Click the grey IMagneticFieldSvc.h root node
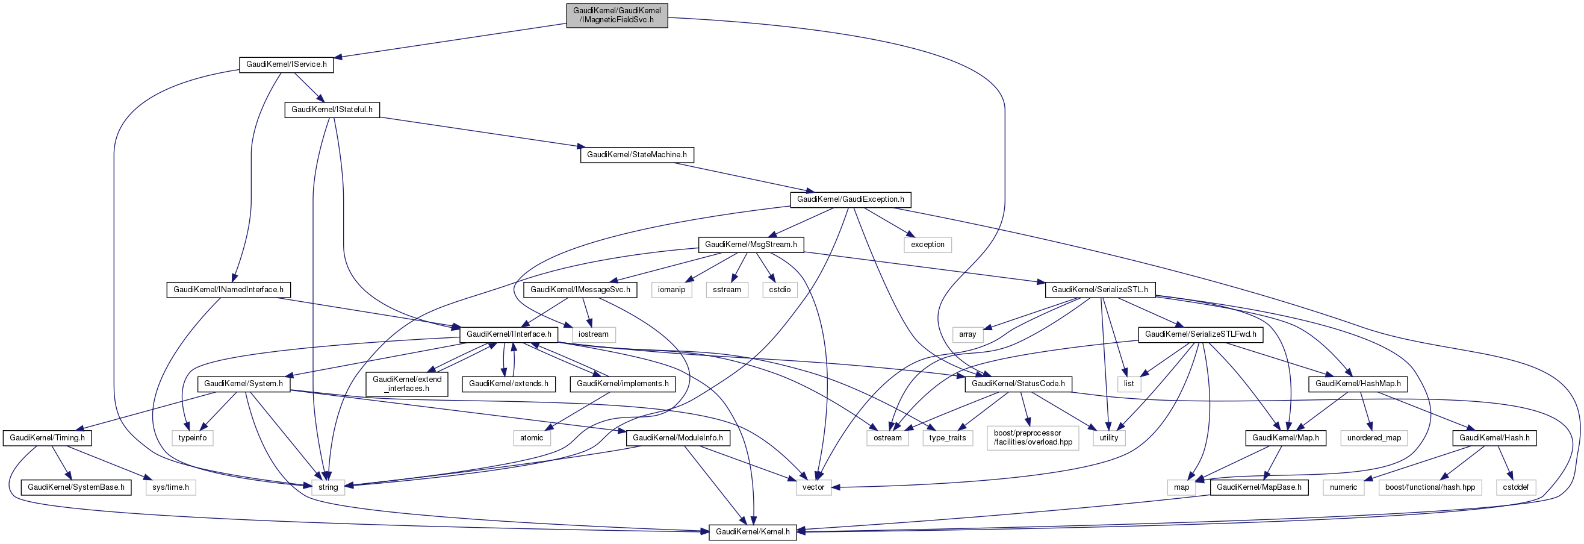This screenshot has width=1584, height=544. (x=617, y=16)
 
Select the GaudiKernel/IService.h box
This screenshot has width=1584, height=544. (x=286, y=64)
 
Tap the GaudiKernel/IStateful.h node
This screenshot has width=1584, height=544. (x=332, y=110)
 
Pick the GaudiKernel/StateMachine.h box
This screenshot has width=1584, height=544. (x=636, y=154)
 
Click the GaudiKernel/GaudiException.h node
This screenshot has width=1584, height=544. (x=850, y=199)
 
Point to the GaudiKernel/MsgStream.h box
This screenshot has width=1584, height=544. (x=750, y=245)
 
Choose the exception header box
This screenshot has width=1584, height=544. (x=927, y=245)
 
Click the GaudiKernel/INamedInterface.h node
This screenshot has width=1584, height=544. (x=228, y=289)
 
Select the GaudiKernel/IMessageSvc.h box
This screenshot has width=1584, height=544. (x=580, y=289)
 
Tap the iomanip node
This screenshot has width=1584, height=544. (x=671, y=289)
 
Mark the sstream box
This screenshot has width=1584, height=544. (x=727, y=289)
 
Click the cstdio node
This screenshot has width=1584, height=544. (x=780, y=289)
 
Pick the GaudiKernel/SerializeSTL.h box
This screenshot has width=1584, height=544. (x=1099, y=289)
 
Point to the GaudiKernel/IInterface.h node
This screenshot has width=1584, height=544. (x=509, y=334)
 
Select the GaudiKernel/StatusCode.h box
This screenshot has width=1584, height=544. (x=1018, y=383)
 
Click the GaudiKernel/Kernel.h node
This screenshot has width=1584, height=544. (x=752, y=532)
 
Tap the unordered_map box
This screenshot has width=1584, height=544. (x=1374, y=437)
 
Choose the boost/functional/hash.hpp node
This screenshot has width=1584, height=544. (x=1430, y=487)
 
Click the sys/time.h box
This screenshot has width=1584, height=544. (x=170, y=487)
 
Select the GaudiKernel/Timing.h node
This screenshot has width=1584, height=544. (x=47, y=437)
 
